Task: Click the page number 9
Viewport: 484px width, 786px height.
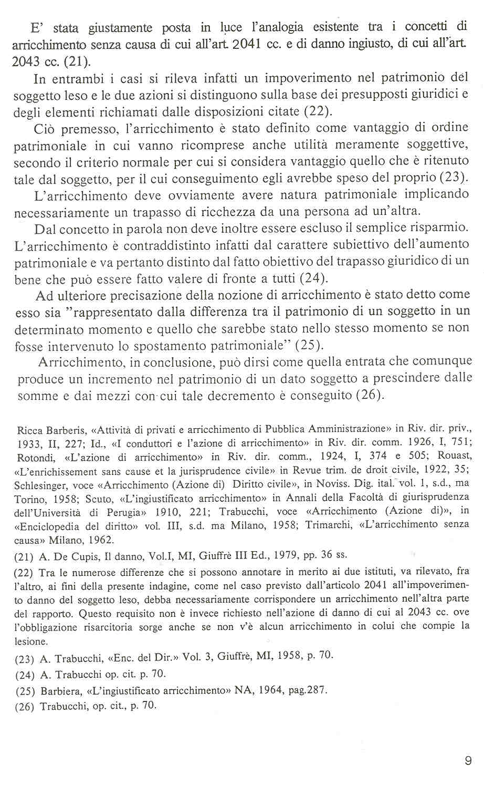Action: pyautogui.click(x=468, y=760)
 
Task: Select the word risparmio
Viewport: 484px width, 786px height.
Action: pyautogui.click(x=440, y=229)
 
